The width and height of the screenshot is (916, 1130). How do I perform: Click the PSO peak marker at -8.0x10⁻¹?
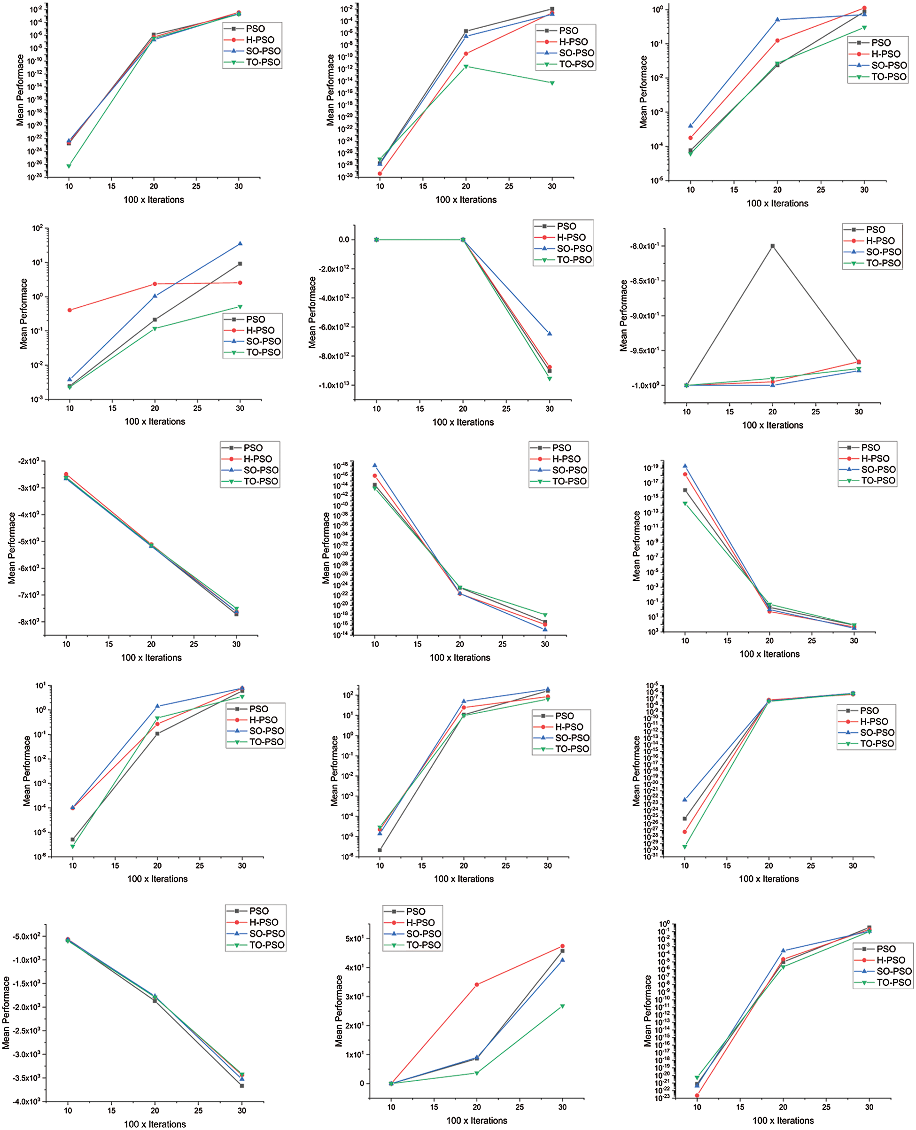click(x=772, y=246)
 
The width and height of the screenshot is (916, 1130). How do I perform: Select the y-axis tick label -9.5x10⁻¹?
click(x=644, y=351)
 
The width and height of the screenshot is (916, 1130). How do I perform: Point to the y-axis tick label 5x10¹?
click(x=355, y=938)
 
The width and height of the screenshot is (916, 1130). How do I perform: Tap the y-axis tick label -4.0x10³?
click(x=26, y=1101)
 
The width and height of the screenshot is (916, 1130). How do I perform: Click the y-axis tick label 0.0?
click(x=343, y=240)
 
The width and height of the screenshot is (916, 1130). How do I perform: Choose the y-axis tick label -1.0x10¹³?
click(x=334, y=385)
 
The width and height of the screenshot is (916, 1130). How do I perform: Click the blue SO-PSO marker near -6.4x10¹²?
click(x=549, y=334)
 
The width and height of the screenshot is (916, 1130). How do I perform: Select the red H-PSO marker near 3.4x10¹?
click(x=476, y=984)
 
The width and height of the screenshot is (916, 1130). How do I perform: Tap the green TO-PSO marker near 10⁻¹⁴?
click(x=552, y=83)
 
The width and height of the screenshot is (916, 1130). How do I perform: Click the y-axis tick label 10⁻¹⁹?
click(x=651, y=468)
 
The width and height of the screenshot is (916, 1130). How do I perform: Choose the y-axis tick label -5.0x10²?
click(x=26, y=936)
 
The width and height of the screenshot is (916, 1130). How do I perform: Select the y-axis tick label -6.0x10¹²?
click(x=334, y=327)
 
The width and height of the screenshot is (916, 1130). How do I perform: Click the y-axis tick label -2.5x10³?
click(x=26, y=1031)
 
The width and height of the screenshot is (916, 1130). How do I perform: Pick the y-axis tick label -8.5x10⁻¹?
click(x=644, y=281)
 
